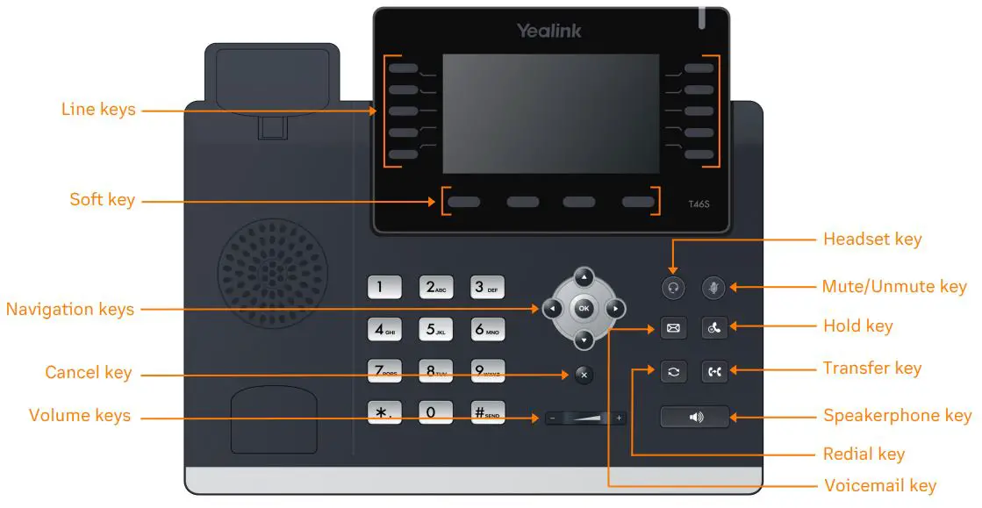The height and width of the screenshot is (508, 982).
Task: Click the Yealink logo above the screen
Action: (x=548, y=32)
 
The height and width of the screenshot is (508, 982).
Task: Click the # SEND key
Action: (x=487, y=412)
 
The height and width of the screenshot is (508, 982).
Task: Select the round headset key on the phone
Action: (x=673, y=287)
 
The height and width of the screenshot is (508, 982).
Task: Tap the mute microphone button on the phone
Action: (x=714, y=287)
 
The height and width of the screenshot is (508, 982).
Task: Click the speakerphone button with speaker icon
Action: (x=695, y=416)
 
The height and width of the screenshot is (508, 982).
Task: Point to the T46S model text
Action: (x=699, y=204)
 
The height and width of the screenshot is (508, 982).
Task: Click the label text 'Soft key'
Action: (x=103, y=200)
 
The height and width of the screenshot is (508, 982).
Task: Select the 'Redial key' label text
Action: (x=864, y=454)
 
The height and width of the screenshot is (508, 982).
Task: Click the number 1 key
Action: (x=383, y=287)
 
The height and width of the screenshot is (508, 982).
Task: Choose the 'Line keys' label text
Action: (x=98, y=110)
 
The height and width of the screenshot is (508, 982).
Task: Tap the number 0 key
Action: (x=434, y=412)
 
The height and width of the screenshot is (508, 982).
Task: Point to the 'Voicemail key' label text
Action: (x=880, y=485)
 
